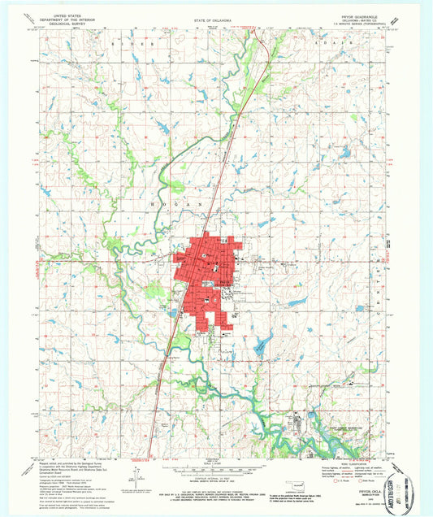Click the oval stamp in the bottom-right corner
410,488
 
